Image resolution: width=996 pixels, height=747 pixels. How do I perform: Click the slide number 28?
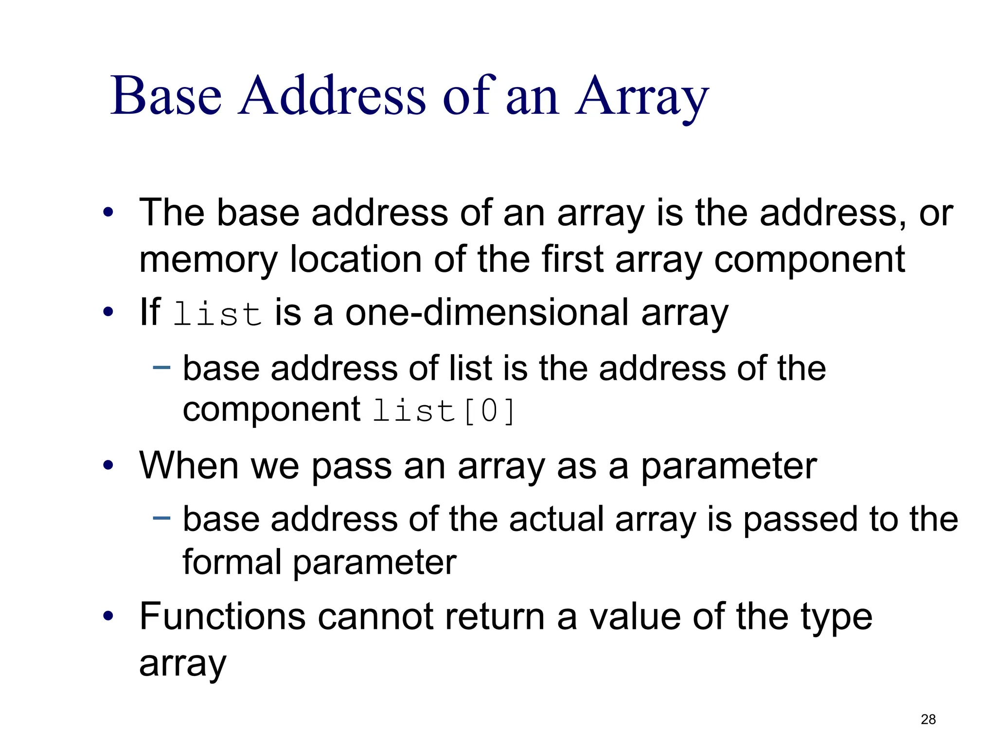pos(928,719)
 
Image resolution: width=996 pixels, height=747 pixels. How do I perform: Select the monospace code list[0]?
pos(444,411)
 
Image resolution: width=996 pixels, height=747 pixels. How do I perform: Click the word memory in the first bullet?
pos(208,260)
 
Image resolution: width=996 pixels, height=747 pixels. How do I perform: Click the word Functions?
pos(223,616)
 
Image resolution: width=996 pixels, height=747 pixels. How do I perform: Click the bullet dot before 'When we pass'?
pos(108,466)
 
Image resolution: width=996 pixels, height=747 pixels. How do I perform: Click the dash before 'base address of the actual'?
pos(161,518)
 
